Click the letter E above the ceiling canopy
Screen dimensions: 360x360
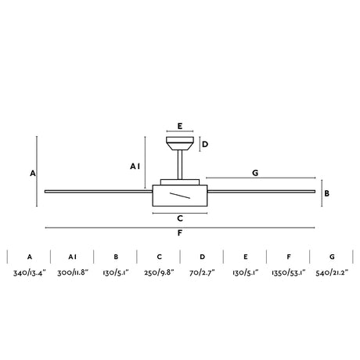tap(180, 126)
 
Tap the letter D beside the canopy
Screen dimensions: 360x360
tap(205, 144)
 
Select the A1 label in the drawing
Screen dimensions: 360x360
tap(135, 166)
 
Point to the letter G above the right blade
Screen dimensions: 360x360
tap(255, 173)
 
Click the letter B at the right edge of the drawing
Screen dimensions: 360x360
tap(326, 193)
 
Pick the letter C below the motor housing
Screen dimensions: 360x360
tap(180, 218)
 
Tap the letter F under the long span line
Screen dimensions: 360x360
tap(180, 233)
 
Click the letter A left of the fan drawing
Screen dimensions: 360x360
tap(33, 173)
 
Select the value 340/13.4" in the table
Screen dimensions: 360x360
tap(30, 273)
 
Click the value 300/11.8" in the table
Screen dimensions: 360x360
tap(73, 273)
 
